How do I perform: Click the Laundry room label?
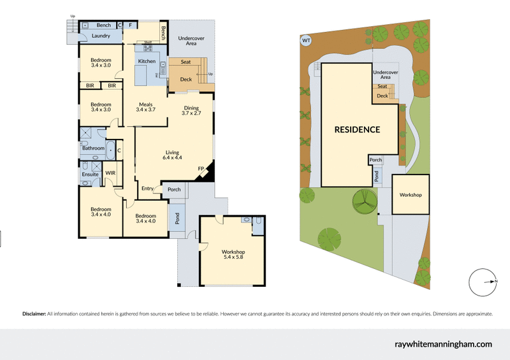pos(101,36)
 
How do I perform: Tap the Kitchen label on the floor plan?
pos(147,61)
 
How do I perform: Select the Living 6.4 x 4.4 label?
pos(173,155)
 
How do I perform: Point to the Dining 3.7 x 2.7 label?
pos(191,110)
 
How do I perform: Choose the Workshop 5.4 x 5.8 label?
pos(233,256)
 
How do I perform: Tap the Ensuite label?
pos(90,174)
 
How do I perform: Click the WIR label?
pos(110,173)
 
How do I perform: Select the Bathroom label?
pos(93,148)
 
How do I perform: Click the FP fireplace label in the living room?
pos(200,169)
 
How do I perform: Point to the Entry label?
pos(147,188)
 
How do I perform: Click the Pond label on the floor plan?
pos(177,219)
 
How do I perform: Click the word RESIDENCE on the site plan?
pos(358,129)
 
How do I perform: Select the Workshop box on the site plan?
pos(411,195)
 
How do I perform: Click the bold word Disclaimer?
pos(34,314)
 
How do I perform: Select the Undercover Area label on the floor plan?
pos(191,41)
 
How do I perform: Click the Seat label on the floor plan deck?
pos(186,62)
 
